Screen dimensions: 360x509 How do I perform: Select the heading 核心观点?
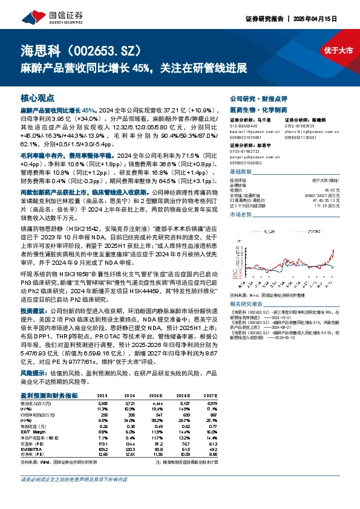click(x=38, y=97)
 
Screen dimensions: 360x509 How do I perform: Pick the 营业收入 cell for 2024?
click(x=135, y=403)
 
